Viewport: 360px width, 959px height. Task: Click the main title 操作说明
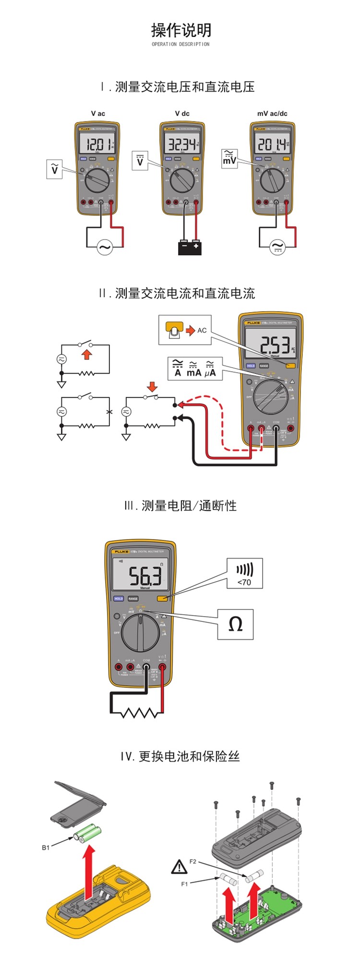point(181,30)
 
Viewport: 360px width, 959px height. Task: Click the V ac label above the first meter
point(98,113)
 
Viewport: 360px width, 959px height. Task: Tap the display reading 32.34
point(182,144)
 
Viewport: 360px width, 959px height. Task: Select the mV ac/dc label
point(272,113)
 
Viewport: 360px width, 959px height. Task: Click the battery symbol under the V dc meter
point(190,247)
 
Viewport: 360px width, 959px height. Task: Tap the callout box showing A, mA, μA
point(194,368)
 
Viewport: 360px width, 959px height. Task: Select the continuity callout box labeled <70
point(245,573)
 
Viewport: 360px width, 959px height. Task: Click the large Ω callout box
point(235,624)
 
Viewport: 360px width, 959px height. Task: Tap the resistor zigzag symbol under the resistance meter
point(140,712)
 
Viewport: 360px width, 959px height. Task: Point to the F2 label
point(192,862)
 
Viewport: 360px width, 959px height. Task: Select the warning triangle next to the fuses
point(179,867)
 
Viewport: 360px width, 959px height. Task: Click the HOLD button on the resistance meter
point(119,599)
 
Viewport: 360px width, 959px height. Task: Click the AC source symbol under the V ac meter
point(104,247)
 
